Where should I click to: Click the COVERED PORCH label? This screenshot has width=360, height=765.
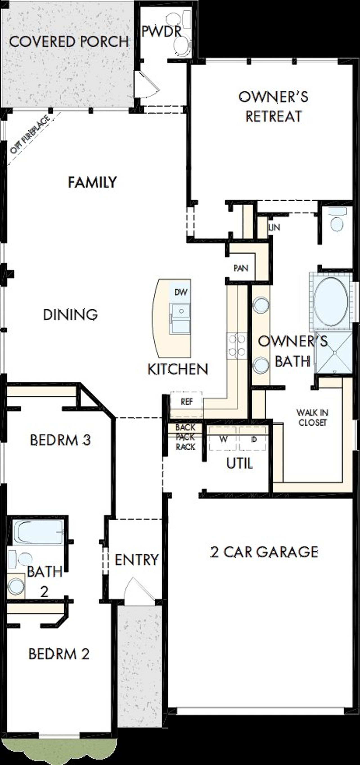click(x=69, y=42)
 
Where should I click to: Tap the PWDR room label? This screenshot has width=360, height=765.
click(x=161, y=31)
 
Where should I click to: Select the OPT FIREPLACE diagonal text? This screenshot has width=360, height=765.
click(x=30, y=135)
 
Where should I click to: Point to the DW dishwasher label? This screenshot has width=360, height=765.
click(x=181, y=292)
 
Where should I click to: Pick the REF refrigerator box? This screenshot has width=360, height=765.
click(x=186, y=402)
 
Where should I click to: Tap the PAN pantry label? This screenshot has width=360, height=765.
click(x=241, y=268)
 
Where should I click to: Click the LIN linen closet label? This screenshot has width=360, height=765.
click(x=274, y=227)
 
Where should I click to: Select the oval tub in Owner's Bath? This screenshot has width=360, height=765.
click(x=331, y=302)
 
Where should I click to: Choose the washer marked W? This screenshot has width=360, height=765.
click(x=223, y=439)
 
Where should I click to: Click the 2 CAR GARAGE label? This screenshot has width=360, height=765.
click(x=264, y=552)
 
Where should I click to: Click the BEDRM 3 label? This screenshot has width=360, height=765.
click(x=60, y=440)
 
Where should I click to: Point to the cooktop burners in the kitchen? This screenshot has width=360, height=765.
click(x=237, y=345)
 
